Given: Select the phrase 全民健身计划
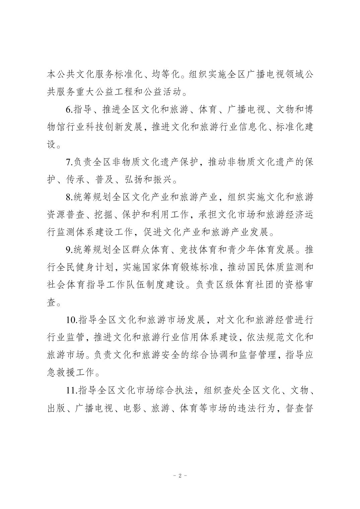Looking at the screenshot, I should tap(81, 268).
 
